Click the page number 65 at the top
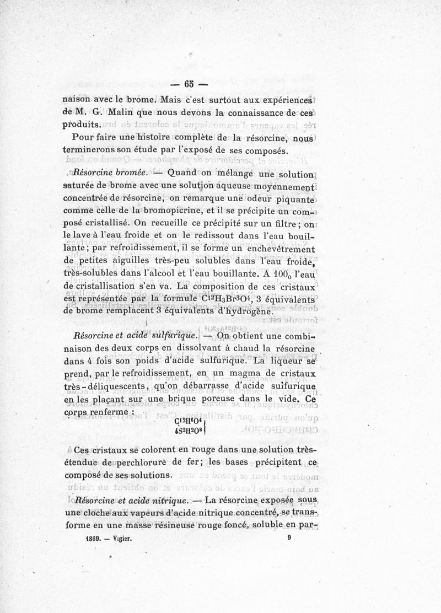tap(189, 84)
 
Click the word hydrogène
tap(244, 311)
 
